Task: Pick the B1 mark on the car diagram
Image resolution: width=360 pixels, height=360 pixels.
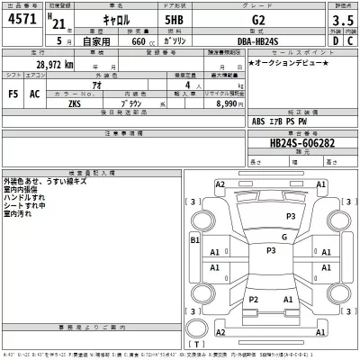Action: (x=193, y=240)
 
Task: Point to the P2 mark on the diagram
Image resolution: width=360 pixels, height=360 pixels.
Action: (x=254, y=299)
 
